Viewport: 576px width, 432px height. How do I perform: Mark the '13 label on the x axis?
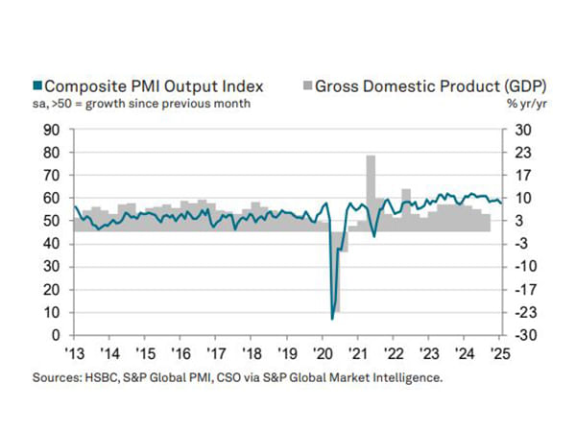point(73,351)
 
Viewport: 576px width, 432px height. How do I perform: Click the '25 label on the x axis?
point(499,351)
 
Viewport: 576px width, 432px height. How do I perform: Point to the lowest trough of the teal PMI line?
point(332,318)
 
